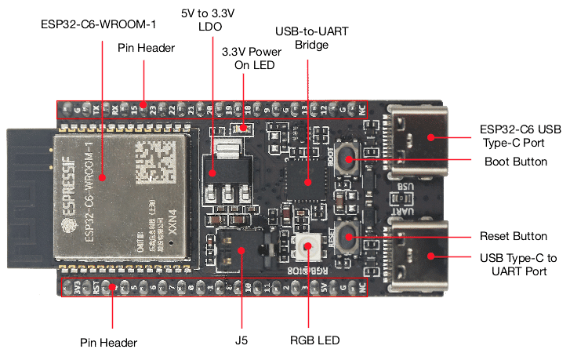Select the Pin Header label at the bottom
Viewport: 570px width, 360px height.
point(109,343)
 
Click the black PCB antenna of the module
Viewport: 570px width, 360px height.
point(27,196)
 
